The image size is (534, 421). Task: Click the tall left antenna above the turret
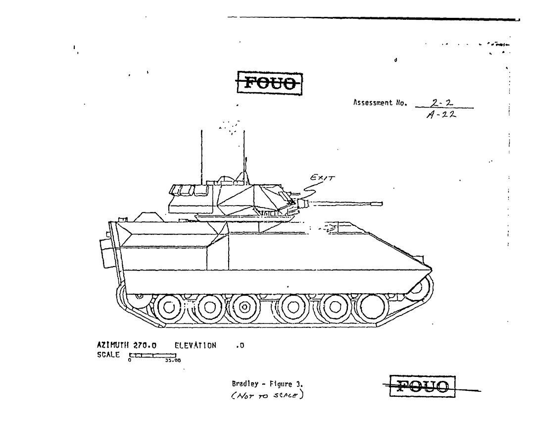tap(201, 154)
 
